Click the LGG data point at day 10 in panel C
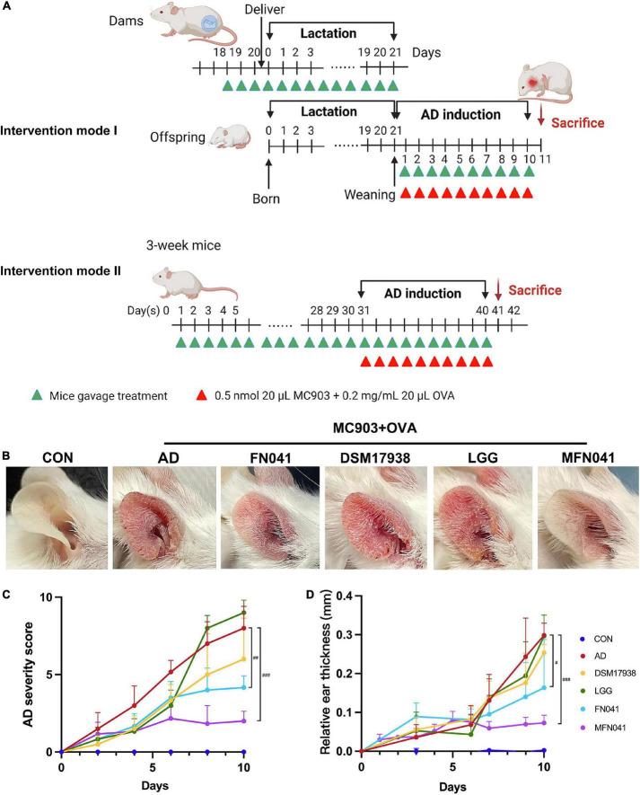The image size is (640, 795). (241, 614)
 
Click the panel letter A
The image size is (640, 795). (8, 7)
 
